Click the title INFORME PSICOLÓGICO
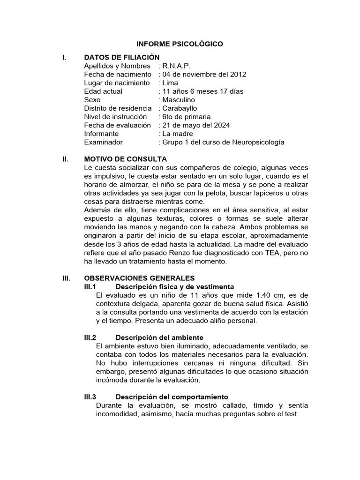(180, 44)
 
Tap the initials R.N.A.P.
(176, 66)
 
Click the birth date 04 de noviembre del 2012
(204, 75)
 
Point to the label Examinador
(103, 142)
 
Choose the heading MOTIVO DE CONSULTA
(125, 159)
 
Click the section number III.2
(90, 337)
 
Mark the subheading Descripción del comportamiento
(172, 397)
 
